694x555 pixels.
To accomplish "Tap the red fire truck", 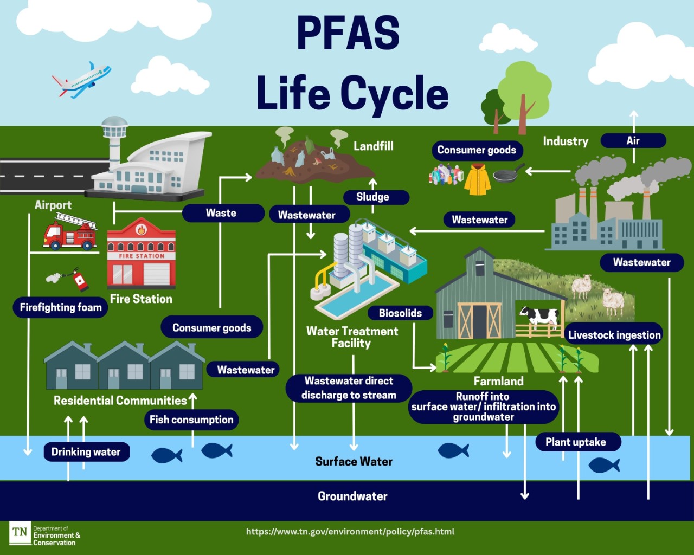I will tap(69, 233).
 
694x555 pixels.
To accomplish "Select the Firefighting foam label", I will tap(61, 307).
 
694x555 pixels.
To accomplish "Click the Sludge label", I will tap(372, 197).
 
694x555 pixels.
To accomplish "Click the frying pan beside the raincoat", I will tap(507, 175).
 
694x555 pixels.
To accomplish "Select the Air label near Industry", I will tap(633, 140).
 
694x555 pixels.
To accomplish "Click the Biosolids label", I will tap(400, 313).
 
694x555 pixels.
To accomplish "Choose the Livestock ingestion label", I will tap(614, 335).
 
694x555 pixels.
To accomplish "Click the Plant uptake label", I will tap(575, 442).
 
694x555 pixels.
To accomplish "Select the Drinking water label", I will tap(86, 451).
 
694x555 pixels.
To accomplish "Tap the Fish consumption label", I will tap(191, 420).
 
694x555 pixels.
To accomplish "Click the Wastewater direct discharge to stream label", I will tap(349, 388).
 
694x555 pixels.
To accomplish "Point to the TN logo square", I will tap(20, 532).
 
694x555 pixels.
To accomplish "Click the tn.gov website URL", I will tap(350, 532).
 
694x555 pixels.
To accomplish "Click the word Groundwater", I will tap(352, 496).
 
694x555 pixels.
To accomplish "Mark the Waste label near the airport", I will tap(221, 213).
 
